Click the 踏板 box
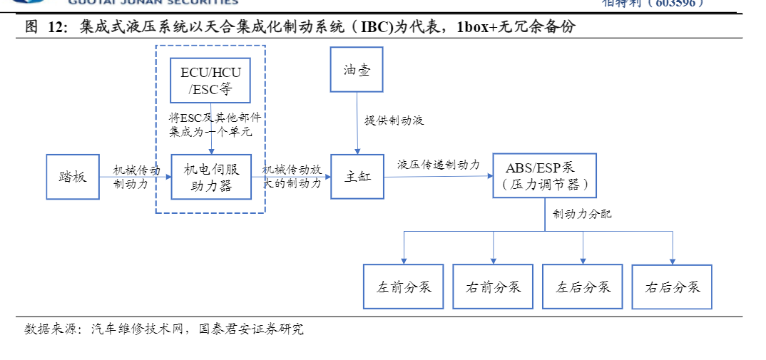point(73,176)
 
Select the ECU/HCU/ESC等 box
point(210,81)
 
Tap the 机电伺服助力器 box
point(210,176)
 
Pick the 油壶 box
point(357,70)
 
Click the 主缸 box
point(357,176)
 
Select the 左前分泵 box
point(403,287)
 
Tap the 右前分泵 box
point(493,287)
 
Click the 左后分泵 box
point(583,287)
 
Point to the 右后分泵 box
point(672,287)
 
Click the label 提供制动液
point(394,120)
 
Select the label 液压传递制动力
point(438,165)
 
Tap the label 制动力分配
point(581,214)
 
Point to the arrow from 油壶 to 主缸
point(357,128)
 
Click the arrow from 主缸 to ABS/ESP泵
point(437,176)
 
